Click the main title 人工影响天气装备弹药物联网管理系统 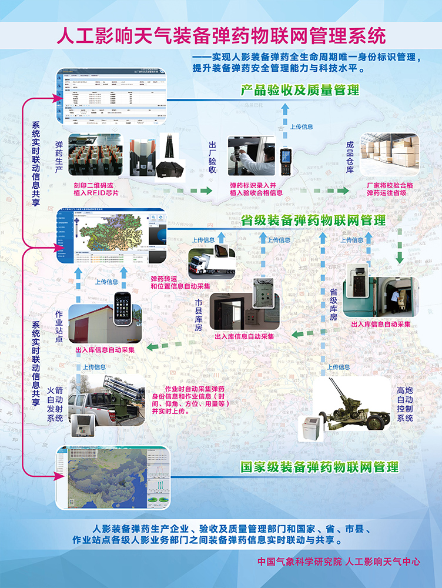[x=221, y=36]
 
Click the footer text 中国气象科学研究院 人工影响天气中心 [x=339, y=562]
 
